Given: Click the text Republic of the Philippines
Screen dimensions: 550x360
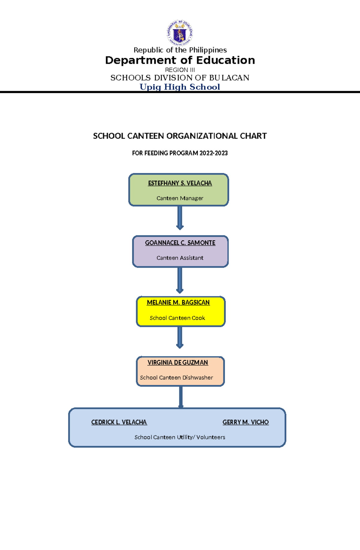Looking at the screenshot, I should point(180,50).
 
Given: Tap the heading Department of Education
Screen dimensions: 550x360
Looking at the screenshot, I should point(180,60).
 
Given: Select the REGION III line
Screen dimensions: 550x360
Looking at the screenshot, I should point(180,70).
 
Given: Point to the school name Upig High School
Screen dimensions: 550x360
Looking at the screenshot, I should point(180,87).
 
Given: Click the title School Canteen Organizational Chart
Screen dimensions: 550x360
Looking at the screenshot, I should point(180,136).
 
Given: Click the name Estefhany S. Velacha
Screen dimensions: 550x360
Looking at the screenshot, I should point(180,183).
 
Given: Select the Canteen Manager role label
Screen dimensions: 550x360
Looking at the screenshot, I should point(180,198).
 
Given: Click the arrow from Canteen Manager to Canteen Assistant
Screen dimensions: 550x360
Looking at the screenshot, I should point(180,218).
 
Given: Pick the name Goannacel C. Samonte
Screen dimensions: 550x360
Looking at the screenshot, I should point(180,243).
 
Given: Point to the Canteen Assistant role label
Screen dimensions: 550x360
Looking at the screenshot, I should point(180,258).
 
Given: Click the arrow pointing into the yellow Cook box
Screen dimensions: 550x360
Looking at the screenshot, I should point(180,280).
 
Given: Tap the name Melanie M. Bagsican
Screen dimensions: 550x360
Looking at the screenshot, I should point(178,302).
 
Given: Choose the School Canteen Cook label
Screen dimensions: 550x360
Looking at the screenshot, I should point(177,318).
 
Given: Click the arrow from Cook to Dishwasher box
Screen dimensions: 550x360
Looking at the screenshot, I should point(180,337).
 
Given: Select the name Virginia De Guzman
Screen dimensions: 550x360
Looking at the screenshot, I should point(178,363).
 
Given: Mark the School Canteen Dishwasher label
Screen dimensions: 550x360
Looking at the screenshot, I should point(176,378).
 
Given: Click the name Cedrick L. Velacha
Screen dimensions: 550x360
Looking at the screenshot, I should point(119,422).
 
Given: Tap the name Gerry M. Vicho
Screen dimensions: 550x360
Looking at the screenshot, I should point(245,422).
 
